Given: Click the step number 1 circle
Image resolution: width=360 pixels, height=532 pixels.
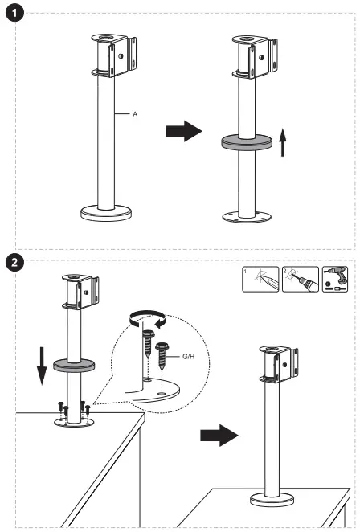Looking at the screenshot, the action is click(x=14, y=14).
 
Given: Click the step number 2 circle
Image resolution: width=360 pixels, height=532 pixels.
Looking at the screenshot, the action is click(x=14, y=262).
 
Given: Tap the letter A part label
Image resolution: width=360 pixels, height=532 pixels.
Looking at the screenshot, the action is click(x=135, y=114).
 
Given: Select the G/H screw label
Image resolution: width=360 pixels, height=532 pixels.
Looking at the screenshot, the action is click(x=189, y=357).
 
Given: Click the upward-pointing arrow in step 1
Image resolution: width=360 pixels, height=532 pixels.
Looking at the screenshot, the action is click(x=282, y=142).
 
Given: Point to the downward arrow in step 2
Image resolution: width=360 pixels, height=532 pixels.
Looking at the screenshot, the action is click(x=42, y=366).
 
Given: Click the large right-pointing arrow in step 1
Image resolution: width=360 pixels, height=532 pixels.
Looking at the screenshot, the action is click(x=184, y=131).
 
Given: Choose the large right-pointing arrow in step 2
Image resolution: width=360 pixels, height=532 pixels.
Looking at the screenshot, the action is click(x=219, y=436).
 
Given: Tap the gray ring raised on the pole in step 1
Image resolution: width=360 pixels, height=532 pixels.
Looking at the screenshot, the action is click(x=247, y=141).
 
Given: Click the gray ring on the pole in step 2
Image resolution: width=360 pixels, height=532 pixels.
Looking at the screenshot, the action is click(x=74, y=365).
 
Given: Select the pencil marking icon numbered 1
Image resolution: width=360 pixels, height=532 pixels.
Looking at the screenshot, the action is click(x=260, y=279).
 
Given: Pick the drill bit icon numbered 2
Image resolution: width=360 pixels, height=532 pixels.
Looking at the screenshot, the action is click(x=301, y=279).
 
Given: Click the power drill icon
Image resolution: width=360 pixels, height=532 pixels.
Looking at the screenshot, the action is click(x=335, y=279).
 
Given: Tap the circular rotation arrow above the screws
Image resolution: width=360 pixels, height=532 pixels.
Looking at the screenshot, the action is click(x=147, y=319).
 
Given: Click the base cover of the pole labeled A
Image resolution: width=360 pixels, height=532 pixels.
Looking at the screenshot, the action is click(x=106, y=213).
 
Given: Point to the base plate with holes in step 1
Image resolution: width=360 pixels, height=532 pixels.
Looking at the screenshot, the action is click(x=247, y=217).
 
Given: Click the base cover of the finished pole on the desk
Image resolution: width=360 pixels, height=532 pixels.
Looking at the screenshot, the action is click(x=272, y=499).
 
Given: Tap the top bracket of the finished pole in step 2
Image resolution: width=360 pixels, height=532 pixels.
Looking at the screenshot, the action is click(x=279, y=364).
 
